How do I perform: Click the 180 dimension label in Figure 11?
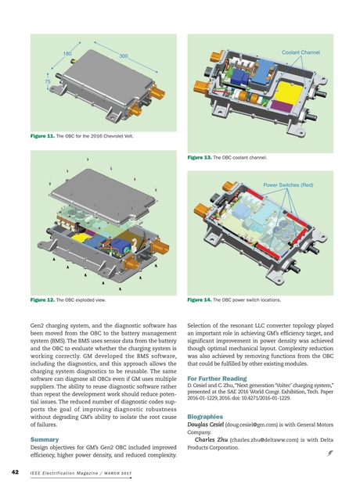[67, 53]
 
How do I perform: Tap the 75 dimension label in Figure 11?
[48, 81]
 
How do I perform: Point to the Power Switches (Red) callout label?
[287, 185]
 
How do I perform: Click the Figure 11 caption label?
[43, 136]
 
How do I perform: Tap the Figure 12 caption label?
[43, 299]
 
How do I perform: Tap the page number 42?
[15, 472]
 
